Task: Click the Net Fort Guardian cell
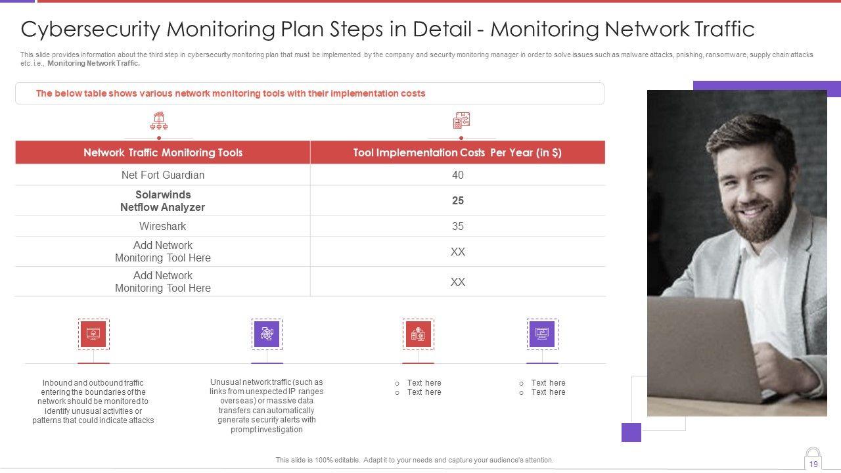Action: click(x=163, y=175)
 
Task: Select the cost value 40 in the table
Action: click(x=458, y=175)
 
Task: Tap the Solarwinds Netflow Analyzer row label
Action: click(x=163, y=201)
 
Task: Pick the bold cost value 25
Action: click(x=458, y=201)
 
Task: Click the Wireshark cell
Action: click(x=163, y=226)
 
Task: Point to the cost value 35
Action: click(x=458, y=226)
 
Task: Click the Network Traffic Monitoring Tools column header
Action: click(x=163, y=152)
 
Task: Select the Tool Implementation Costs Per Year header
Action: click(x=457, y=152)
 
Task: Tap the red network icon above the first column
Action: click(x=159, y=121)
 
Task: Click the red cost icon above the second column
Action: click(x=461, y=121)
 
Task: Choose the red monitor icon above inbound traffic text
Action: click(x=93, y=334)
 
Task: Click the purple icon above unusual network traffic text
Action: click(x=267, y=334)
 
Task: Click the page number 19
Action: click(x=813, y=464)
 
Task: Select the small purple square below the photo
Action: click(x=631, y=432)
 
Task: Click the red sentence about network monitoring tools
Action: click(x=231, y=93)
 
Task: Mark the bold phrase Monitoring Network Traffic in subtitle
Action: click(x=93, y=64)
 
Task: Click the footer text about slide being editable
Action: click(x=415, y=460)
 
